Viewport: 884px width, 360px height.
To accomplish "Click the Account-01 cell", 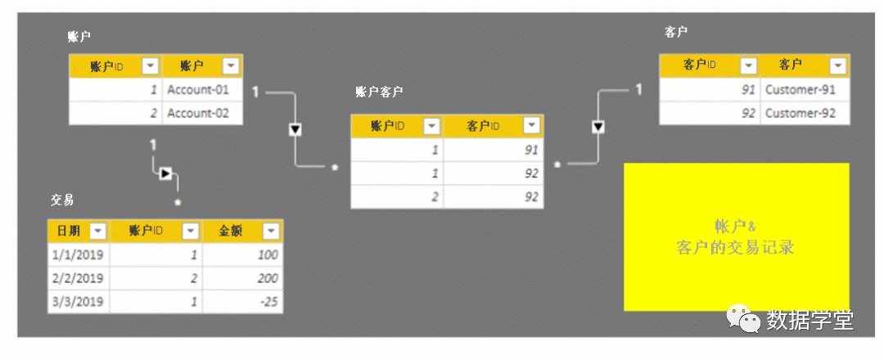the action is coord(198,90).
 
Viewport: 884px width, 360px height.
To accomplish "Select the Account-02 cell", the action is coord(198,113).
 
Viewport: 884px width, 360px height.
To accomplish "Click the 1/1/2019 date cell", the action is coord(78,254).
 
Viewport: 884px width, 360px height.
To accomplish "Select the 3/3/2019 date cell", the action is coord(78,302).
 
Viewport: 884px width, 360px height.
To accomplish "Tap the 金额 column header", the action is coord(230,231).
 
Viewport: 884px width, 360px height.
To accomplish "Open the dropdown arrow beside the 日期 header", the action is coord(97,231).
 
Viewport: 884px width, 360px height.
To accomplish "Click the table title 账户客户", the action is coord(379,92).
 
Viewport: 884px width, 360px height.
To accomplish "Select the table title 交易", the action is coord(62,200).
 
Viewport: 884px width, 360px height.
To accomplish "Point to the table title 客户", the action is coord(676,32).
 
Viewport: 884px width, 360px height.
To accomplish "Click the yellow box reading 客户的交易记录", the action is coord(736,237).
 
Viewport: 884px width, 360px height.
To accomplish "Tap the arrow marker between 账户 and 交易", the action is coord(165,173).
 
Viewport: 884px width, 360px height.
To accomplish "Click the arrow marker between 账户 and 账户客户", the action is coord(295,129).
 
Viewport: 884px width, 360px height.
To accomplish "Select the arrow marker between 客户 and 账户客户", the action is coord(598,126).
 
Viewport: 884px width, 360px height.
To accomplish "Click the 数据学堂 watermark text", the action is coord(810,320).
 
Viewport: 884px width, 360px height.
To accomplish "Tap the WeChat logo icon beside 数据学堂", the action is coord(744,319).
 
